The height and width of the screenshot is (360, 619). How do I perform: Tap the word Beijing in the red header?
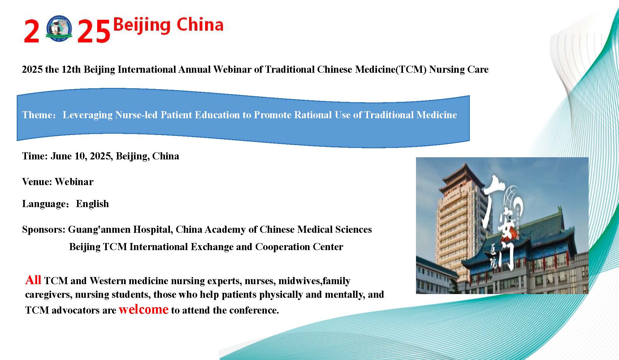[142, 25]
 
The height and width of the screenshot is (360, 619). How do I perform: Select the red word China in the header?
[200, 24]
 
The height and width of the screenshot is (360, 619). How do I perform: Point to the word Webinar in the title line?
[232, 69]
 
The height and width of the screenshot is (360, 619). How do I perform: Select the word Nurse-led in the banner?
[136, 115]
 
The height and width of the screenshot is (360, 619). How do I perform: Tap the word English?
[93, 204]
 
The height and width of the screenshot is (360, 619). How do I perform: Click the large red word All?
[33, 280]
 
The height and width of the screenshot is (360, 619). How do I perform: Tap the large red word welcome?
[144, 309]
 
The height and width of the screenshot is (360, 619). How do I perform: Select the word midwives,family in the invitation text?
[314, 281]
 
